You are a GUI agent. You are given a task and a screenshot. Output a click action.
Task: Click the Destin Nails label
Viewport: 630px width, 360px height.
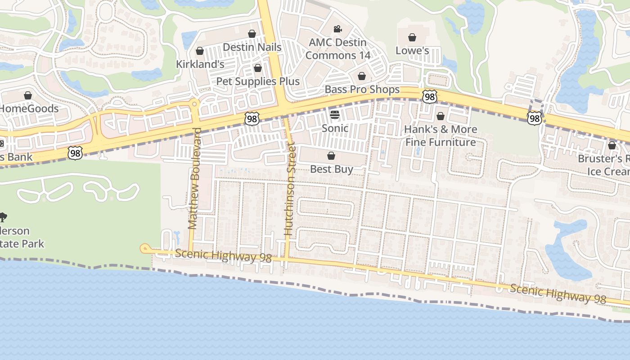(252, 47)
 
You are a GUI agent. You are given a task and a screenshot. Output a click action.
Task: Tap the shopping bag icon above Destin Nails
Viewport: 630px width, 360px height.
(252, 34)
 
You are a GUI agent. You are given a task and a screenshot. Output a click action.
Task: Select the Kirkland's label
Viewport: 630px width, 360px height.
(200, 64)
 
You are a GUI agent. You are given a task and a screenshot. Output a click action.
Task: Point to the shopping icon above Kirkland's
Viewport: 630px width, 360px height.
(200, 51)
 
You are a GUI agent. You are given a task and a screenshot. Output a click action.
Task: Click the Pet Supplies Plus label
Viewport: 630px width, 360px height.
(258, 81)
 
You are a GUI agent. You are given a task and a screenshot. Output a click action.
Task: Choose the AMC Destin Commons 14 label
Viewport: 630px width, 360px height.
(337, 49)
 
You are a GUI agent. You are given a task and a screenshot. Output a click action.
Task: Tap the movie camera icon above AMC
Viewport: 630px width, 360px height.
(337, 29)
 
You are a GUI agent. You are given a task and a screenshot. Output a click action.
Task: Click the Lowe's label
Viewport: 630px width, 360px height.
(412, 50)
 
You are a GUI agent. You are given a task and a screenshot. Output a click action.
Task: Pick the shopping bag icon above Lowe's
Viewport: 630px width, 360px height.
(412, 37)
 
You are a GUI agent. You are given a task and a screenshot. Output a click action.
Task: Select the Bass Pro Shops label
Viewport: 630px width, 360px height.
(362, 90)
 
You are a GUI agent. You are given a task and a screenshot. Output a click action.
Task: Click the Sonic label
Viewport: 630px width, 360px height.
(335, 128)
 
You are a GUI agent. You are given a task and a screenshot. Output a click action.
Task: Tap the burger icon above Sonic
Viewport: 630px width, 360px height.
(334, 115)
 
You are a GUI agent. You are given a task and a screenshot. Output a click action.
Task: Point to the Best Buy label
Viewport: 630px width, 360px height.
(332, 169)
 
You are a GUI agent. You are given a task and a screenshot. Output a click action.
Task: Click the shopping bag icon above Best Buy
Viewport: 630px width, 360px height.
(331, 156)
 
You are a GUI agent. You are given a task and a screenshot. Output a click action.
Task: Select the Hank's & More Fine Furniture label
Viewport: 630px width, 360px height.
(441, 136)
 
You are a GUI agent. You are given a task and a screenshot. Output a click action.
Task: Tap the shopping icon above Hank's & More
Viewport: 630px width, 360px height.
(441, 116)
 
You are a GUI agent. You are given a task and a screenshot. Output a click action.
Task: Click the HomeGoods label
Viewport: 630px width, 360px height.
(29, 109)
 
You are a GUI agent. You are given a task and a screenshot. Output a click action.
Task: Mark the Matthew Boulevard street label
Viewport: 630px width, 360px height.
(194, 179)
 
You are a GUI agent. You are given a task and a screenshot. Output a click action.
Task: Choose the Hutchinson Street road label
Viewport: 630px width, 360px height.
(289, 189)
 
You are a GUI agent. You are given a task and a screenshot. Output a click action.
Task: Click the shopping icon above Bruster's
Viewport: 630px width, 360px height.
(612, 145)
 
